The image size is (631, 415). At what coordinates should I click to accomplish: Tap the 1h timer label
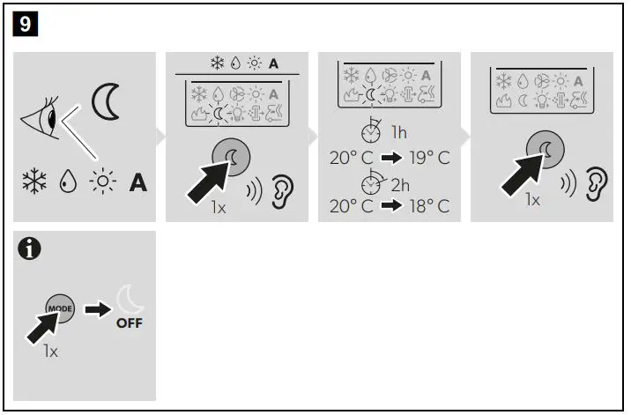pyautogui.click(x=398, y=133)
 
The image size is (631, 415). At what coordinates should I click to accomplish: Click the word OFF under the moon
pyautogui.click(x=129, y=323)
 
